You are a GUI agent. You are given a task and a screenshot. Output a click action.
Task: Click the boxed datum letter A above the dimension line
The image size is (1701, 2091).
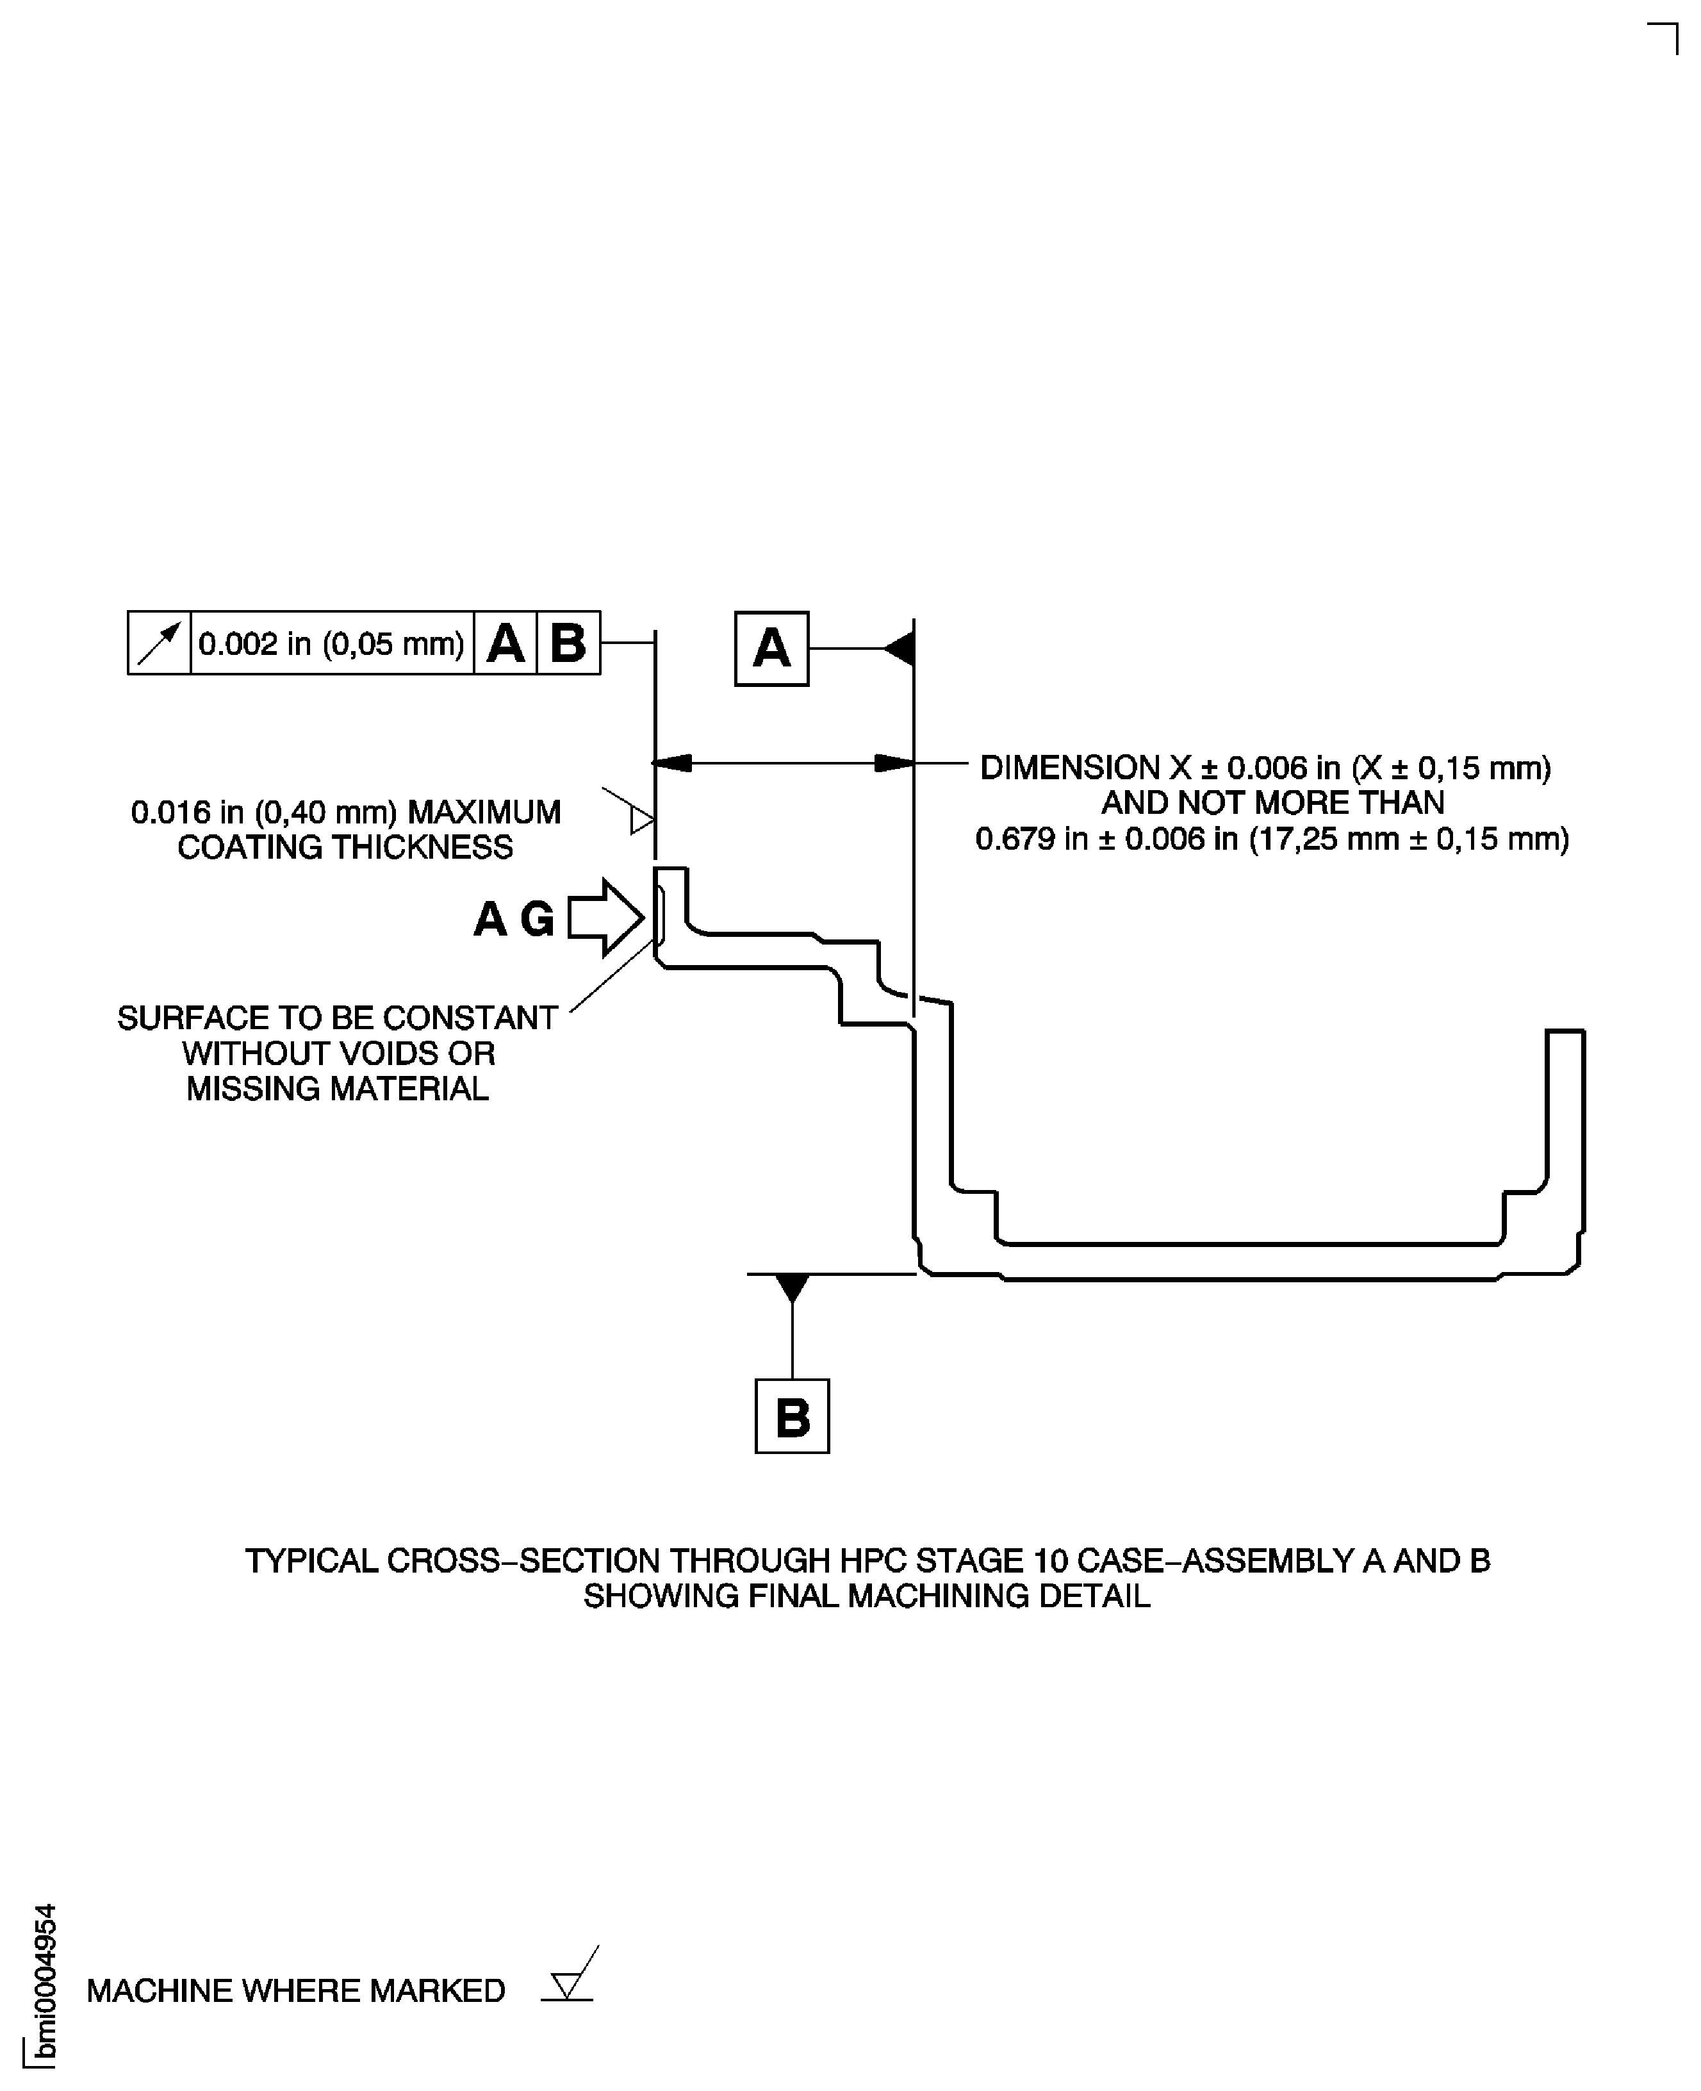[x=772, y=649]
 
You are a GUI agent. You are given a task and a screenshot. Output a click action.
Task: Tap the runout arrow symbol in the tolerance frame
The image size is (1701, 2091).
[x=160, y=643]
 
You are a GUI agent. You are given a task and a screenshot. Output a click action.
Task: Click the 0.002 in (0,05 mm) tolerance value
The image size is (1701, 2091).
[x=331, y=644]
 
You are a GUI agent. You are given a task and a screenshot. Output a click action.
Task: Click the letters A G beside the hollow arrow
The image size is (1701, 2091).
[x=514, y=919]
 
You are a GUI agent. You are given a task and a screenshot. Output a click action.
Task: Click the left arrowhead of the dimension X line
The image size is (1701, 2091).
[x=672, y=763]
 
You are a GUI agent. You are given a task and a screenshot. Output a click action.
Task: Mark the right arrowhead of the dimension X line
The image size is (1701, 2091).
[x=894, y=763]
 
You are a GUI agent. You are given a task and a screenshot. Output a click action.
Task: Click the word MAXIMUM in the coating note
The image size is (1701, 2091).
[x=484, y=813]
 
